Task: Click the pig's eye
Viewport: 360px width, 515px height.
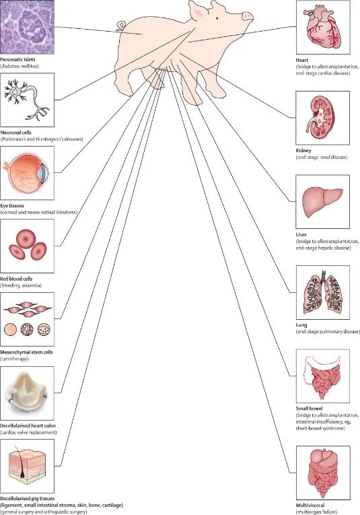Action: click(x=217, y=18)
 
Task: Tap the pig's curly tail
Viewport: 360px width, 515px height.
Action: click(x=120, y=26)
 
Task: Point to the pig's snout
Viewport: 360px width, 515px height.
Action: click(x=248, y=16)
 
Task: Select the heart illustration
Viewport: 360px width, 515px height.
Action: click(x=322, y=28)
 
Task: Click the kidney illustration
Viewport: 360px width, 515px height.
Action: click(x=321, y=117)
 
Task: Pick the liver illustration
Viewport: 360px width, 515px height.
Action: click(x=322, y=201)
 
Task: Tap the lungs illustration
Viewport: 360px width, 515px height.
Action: click(x=323, y=292)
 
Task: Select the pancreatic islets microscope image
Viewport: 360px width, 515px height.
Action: click(x=27, y=27)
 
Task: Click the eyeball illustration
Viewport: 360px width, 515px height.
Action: click(x=26, y=173)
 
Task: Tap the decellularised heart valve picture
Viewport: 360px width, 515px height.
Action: click(x=27, y=393)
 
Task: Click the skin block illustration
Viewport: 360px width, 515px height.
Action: click(x=27, y=467)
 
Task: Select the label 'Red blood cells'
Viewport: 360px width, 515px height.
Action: click(x=16, y=279)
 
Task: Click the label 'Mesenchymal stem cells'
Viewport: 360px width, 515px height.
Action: click(x=26, y=352)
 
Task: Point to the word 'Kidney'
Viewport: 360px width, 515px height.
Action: click(x=303, y=150)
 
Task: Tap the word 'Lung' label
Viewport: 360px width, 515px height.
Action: click(x=301, y=325)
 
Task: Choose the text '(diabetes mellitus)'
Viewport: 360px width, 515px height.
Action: click(x=20, y=67)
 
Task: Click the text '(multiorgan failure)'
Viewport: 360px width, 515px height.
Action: click(x=316, y=512)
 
